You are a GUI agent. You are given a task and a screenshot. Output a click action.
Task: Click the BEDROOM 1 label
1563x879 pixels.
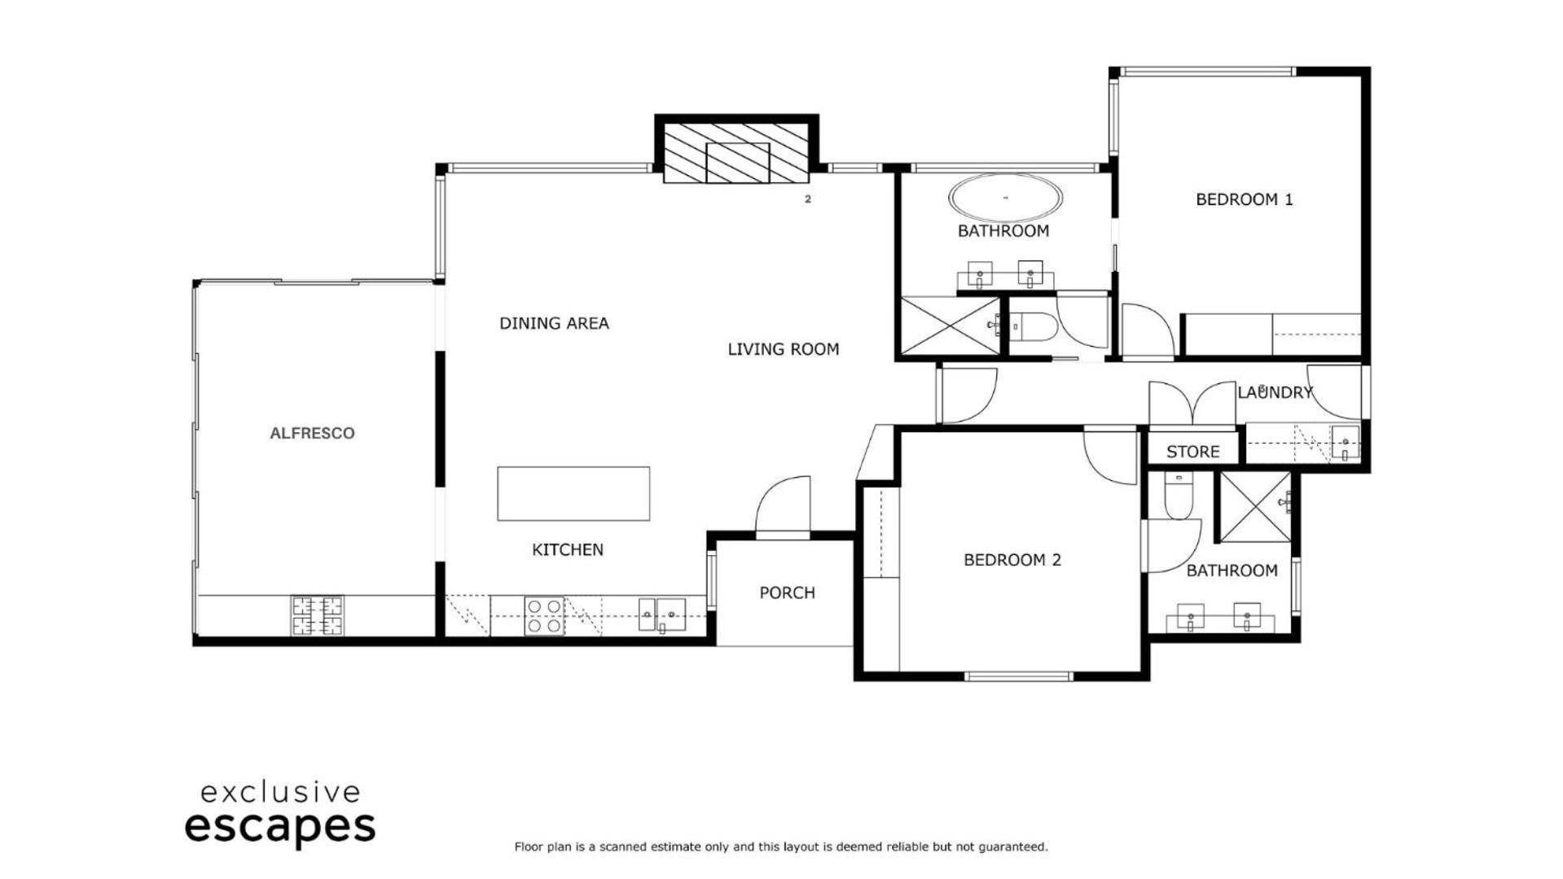point(1244,199)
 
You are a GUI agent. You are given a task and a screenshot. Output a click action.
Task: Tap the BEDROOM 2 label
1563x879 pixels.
point(1012,560)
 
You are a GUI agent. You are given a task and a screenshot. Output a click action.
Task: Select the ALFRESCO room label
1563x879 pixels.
point(312,433)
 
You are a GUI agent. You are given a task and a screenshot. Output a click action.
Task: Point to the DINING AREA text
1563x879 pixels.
point(554,323)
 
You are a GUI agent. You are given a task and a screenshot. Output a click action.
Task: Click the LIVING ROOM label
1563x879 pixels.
point(783,349)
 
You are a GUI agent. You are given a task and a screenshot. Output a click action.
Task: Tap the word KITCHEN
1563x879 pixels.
point(568,549)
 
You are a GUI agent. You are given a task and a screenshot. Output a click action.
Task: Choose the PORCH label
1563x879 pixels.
point(787,593)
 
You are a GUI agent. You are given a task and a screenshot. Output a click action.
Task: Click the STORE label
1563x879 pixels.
point(1192,452)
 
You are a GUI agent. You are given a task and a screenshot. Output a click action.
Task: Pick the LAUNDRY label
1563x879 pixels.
point(1275,392)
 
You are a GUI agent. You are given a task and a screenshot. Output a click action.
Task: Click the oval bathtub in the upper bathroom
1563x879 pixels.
point(1005,198)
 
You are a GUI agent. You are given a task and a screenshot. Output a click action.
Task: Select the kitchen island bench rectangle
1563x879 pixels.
point(573,493)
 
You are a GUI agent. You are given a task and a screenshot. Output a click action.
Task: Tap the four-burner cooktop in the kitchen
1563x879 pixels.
point(544,616)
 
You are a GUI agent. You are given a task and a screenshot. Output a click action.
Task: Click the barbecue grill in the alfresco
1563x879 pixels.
point(318,615)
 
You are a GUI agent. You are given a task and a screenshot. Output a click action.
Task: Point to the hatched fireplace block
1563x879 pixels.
point(736,152)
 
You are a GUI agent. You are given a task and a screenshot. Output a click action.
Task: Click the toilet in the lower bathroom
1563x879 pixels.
point(1178,496)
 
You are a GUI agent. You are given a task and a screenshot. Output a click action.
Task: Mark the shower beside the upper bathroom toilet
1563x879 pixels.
point(951,326)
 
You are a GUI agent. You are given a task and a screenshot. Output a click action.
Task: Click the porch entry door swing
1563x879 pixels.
point(783,505)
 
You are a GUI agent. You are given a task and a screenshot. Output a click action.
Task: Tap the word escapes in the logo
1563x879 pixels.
point(280,828)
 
